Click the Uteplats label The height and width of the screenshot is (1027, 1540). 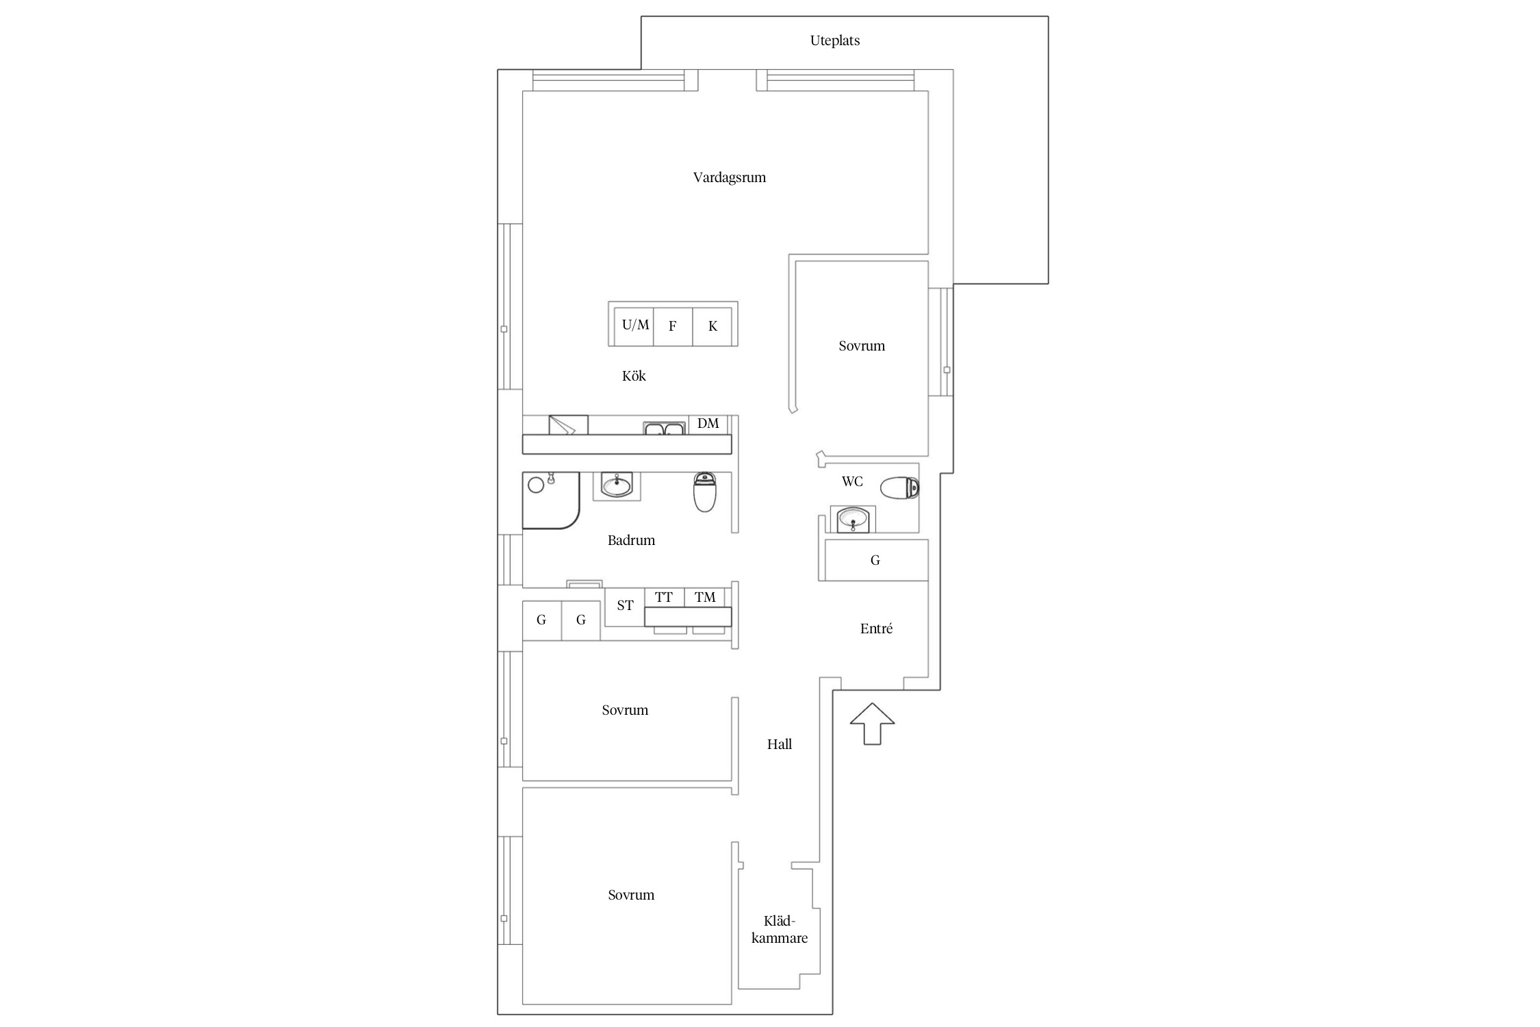click(834, 40)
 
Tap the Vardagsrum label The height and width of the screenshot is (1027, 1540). click(729, 177)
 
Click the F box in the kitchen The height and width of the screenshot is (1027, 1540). click(673, 326)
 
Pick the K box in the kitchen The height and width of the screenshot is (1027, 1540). click(712, 326)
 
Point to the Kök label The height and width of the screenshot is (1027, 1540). click(634, 376)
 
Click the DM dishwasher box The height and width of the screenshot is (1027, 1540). click(708, 424)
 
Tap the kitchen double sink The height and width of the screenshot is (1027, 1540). click(664, 429)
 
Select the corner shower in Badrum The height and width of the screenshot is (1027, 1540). click(551, 500)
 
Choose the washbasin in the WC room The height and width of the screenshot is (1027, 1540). click(853, 519)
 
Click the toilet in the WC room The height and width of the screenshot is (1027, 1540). click(899, 489)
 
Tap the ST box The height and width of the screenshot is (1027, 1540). click(625, 607)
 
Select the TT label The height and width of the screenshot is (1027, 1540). click(663, 597)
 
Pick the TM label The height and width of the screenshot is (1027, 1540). click(705, 597)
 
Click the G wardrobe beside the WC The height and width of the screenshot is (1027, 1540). click(876, 560)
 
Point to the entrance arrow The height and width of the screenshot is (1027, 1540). click(872, 723)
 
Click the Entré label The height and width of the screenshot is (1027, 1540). click(876, 629)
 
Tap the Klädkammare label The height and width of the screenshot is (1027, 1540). click(780, 930)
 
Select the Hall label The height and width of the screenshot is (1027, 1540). click(779, 744)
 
